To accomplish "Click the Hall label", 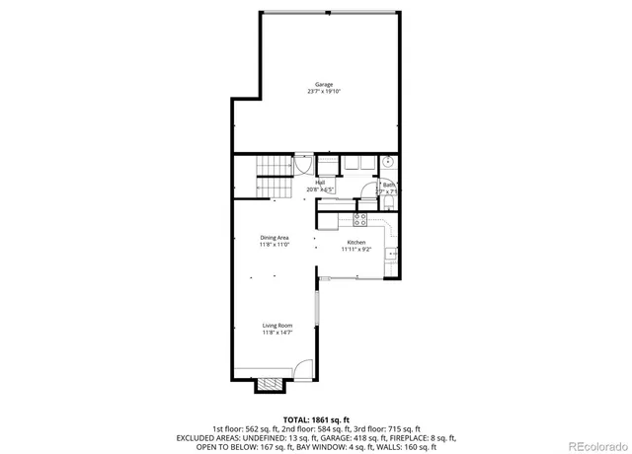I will click(320, 182).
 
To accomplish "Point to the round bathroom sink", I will click(389, 164).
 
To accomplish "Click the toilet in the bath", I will click(389, 202).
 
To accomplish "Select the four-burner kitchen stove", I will click(360, 219).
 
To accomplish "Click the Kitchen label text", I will click(356, 242).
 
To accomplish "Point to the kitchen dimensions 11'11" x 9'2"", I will click(356, 250).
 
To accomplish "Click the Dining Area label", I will click(275, 238).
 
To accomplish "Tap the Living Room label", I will click(277, 326).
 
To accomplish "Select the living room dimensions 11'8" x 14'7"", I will click(277, 334).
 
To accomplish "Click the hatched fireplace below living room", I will click(269, 386).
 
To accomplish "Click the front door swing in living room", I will click(302, 373).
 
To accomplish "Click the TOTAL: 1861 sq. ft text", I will click(316, 419).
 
